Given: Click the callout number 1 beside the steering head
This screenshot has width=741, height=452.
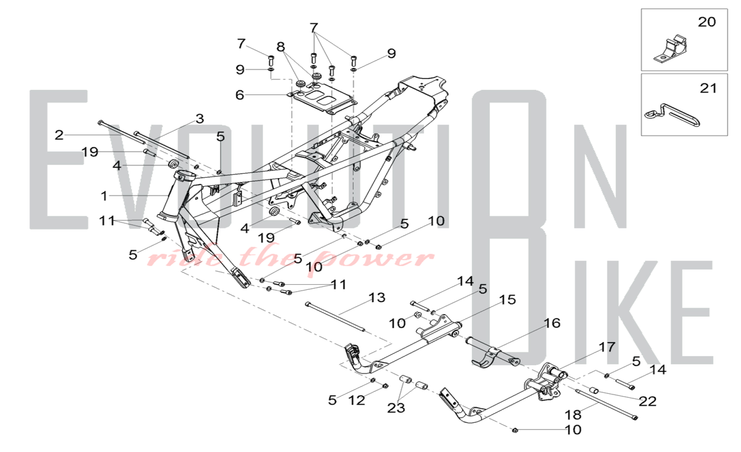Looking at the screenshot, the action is [104, 196].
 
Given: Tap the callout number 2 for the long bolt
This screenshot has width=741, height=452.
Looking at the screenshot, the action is [59, 135].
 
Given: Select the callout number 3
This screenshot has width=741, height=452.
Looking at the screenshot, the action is [200, 119].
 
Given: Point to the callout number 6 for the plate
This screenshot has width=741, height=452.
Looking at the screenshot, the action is [240, 95].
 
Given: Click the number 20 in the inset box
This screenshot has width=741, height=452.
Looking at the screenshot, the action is [707, 22].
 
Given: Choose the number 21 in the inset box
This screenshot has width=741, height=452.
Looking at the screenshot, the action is [708, 88].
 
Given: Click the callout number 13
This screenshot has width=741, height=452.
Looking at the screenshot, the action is [377, 298].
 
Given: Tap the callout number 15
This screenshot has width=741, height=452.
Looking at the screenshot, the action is [507, 300].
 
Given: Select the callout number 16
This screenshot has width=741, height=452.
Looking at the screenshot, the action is [552, 323].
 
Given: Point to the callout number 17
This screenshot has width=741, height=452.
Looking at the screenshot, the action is [607, 347].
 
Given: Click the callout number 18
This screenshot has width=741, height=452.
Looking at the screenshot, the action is [573, 415].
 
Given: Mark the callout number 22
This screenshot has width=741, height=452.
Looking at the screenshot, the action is [647, 401].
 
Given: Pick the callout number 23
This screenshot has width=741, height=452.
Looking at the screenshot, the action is [396, 408].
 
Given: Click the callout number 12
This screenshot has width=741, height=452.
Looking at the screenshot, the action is [356, 400].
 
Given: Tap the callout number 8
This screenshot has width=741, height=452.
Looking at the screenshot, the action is [281, 47].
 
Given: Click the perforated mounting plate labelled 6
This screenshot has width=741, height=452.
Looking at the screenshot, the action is [323, 97].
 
